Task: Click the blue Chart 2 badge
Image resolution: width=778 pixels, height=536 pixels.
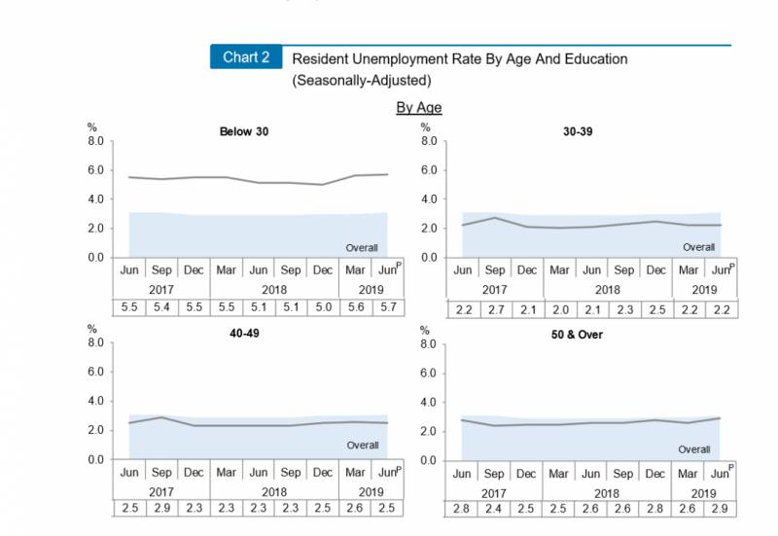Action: pos(246,56)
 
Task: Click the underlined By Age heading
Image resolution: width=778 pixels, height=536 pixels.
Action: pos(419,107)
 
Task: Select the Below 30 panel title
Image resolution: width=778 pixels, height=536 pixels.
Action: pos(244,131)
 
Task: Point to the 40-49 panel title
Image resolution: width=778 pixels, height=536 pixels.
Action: pos(244,333)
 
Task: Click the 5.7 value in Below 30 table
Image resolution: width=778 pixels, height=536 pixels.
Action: pos(388,308)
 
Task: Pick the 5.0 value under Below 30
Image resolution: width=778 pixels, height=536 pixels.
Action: pos(323,308)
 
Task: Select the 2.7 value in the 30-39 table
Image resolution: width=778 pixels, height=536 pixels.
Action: pos(494,308)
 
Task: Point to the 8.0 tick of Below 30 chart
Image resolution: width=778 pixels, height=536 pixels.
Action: pos(95,141)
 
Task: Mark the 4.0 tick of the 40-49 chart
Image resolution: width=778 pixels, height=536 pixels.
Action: pos(94,401)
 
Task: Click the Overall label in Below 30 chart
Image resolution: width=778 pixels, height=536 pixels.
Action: pos(362,248)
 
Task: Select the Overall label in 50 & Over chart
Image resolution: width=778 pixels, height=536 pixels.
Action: pos(694,449)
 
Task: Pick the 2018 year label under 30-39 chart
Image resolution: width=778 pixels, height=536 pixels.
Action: pos(608,289)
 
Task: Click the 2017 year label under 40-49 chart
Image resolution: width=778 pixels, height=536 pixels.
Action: pos(161,490)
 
